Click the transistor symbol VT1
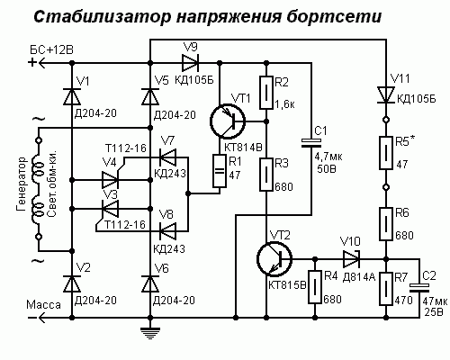(x=228, y=121)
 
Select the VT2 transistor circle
(x=274, y=259)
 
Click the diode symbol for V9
(x=190, y=63)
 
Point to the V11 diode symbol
(x=386, y=94)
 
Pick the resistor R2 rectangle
(x=266, y=93)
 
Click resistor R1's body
(x=220, y=171)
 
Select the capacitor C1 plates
(x=311, y=143)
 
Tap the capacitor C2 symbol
(x=419, y=288)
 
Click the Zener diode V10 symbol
(x=352, y=259)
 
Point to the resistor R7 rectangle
(x=386, y=289)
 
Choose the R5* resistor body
(x=386, y=153)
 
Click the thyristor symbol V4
(x=111, y=179)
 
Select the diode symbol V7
(x=167, y=157)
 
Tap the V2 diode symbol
(x=72, y=283)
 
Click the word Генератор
(x=22, y=184)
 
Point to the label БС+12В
(x=51, y=49)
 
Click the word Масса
(x=43, y=305)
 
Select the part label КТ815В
(x=287, y=285)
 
